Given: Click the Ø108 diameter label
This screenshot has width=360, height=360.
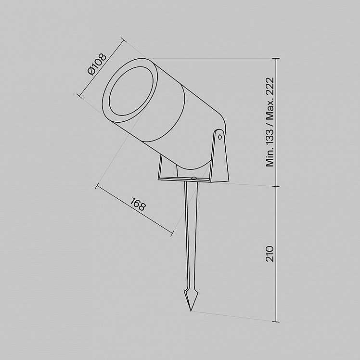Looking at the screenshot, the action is pos(97,64).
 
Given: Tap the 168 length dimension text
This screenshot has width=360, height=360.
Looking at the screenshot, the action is pos(138,204).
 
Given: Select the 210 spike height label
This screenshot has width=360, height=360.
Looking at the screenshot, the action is pos(270,254).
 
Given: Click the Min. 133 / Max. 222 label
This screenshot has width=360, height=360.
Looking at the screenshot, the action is pos(270,122).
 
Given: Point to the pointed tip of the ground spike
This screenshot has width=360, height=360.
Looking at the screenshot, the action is pos(191,311).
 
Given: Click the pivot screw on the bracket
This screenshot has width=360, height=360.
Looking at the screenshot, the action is pos(220,137).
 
